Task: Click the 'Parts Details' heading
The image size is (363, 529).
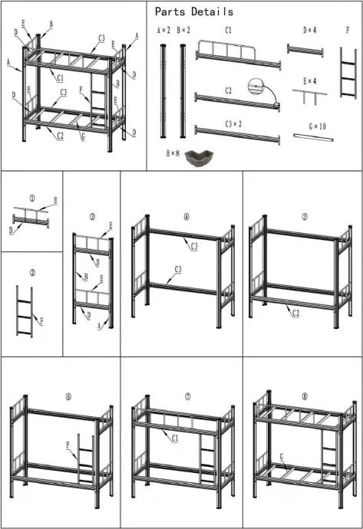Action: coord(194,11)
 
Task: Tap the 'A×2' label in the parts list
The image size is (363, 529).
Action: coord(163,31)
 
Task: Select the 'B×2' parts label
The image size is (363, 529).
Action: coord(183,31)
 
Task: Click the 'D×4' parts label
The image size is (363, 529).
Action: coord(309,30)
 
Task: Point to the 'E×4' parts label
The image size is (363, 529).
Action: coord(309,81)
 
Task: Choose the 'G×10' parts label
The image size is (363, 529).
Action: coord(318,127)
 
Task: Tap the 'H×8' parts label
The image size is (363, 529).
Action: coord(173,153)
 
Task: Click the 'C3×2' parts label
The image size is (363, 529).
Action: coord(233,124)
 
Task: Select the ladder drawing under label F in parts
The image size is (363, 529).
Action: coord(348,73)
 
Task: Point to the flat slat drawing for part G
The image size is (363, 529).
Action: coord(313,138)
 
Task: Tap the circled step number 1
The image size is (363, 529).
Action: coord(32,199)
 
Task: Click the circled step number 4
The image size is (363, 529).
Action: coord(186,217)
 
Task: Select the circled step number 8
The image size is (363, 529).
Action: coord(305,396)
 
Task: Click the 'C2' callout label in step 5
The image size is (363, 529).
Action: coord(295,314)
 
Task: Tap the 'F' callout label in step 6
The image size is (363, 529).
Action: coord(68,445)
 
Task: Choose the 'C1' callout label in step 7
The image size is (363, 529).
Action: coord(175,438)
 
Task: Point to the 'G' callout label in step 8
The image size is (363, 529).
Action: coord(282,456)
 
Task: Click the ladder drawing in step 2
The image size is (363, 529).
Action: coord(25,311)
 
